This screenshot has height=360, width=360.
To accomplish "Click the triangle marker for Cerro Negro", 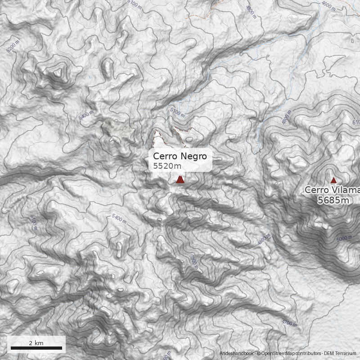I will pyautogui.click(x=180, y=180).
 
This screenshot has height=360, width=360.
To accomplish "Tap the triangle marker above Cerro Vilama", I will pyautogui.click(x=333, y=180).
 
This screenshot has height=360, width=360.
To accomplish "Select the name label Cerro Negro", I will pyautogui.click(x=180, y=156).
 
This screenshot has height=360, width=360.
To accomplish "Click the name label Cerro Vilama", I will pyautogui.click(x=332, y=190).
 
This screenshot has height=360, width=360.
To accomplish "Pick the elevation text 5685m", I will pyautogui.click(x=333, y=200).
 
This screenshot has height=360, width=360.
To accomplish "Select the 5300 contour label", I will pyautogui.click(x=194, y=261).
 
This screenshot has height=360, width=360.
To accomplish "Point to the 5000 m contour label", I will pyautogui.click(x=344, y=238).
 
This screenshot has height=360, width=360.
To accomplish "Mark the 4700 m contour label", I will pyautogui.click(x=289, y=323).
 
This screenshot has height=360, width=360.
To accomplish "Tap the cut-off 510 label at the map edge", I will pyautogui.click(x=356, y=122).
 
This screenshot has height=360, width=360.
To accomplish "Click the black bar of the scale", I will pyautogui.click(x=36, y=348).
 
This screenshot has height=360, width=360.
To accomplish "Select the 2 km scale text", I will pyautogui.click(x=36, y=343).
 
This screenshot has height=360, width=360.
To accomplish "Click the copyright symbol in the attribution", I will pyautogui.click(x=258, y=354).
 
